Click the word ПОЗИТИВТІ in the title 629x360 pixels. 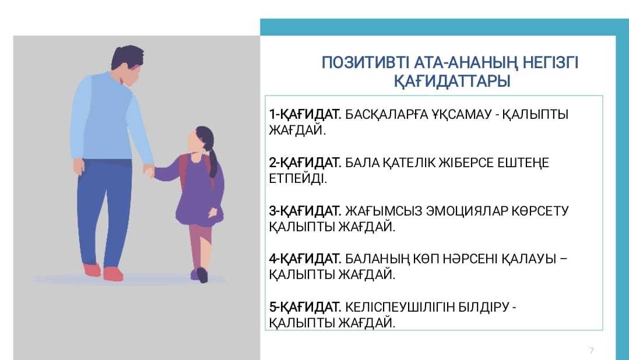point(366,63)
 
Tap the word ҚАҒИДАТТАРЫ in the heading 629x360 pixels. point(452,82)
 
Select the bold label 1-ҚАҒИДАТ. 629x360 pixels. point(305,115)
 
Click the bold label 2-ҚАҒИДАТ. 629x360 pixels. point(305,163)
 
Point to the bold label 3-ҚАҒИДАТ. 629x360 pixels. point(305,211)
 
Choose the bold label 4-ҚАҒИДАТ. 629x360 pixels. point(305,259)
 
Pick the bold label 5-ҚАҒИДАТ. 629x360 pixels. point(305,307)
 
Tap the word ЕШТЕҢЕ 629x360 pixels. point(523,163)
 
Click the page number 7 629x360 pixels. point(591,350)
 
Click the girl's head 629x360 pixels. point(201,140)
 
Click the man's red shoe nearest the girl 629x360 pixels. point(113,274)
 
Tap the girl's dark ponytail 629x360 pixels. point(212,163)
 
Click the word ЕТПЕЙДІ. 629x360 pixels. point(298,179)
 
